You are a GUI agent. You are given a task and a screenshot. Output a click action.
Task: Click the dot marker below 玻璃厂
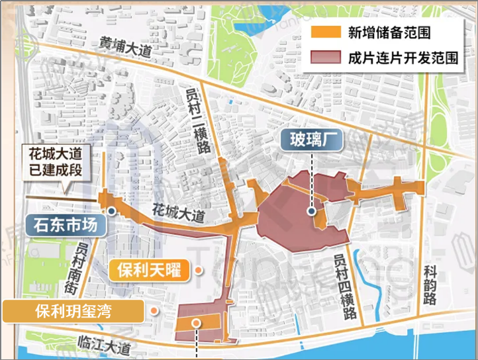coord(311,212)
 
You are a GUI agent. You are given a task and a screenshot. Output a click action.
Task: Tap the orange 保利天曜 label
coord(149,270)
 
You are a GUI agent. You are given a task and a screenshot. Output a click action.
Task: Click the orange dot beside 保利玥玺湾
coord(154,311)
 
